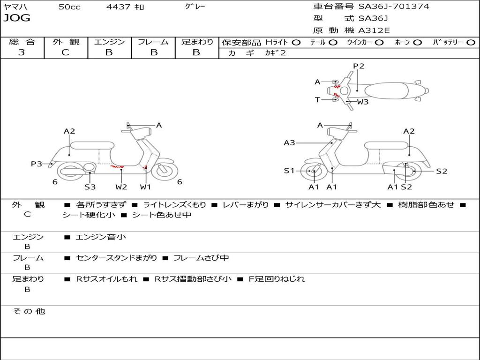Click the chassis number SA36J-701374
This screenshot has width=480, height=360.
[x=394, y=7]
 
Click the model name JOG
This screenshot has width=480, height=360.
[x=17, y=18]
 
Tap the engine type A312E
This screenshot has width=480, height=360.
[x=374, y=30]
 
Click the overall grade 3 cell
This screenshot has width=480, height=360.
[x=22, y=52]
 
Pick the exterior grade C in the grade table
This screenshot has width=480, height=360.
[x=66, y=52]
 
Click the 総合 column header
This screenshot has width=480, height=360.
[x=22, y=42]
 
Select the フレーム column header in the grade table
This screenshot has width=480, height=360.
[x=153, y=42]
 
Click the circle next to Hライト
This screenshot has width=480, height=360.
[x=296, y=43]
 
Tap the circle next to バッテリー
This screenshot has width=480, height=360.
[x=471, y=43]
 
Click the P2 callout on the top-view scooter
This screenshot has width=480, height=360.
[x=359, y=66]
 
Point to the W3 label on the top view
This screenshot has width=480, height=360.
[x=363, y=102]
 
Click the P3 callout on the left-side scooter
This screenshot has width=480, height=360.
[x=37, y=164]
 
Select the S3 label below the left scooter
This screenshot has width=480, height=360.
[x=90, y=187]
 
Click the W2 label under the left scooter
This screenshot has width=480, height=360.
[x=121, y=187]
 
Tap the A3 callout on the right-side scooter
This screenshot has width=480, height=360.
[x=289, y=142]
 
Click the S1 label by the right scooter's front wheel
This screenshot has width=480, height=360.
[x=289, y=171]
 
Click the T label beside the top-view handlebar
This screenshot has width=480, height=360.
[x=317, y=99]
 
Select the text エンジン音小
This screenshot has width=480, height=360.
[x=101, y=237]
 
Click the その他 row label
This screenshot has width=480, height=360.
[x=29, y=311]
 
